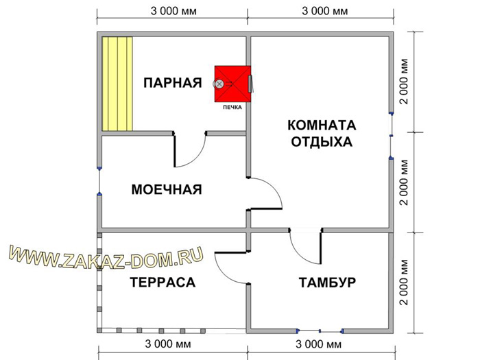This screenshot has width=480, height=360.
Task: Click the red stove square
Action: [x=232, y=84]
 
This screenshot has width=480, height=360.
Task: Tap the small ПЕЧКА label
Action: [x=232, y=107]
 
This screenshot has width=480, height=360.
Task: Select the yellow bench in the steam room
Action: [x=117, y=84]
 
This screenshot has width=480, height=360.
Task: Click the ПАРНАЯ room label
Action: [x=173, y=83]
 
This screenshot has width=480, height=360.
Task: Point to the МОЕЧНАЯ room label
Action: [x=167, y=189]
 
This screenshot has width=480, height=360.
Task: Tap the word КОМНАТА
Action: [x=322, y=125]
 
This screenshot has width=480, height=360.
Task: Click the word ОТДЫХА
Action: [x=322, y=142]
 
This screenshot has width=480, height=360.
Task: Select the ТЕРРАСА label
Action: [x=163, y=282]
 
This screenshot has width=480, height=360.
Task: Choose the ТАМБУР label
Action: [x=327, y=282]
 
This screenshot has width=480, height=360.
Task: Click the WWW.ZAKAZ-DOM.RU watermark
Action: [x=106, y=258]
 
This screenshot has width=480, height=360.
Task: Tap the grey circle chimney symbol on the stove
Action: [x=219, y=84]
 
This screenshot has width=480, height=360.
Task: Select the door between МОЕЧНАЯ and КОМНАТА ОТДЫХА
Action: [x=265, y=193]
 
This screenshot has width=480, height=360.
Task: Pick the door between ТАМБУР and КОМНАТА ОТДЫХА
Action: [x=305, y=245]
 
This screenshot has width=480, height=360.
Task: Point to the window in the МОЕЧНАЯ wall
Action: [x=99, y=181]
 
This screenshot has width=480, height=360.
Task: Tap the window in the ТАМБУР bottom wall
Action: [x=320, y=331]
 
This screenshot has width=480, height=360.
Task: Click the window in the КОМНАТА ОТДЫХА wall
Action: [x=391, y=136]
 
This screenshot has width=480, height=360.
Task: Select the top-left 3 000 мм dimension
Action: [x=173, y=11]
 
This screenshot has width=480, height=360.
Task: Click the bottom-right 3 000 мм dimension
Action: [x=318, y=344]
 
